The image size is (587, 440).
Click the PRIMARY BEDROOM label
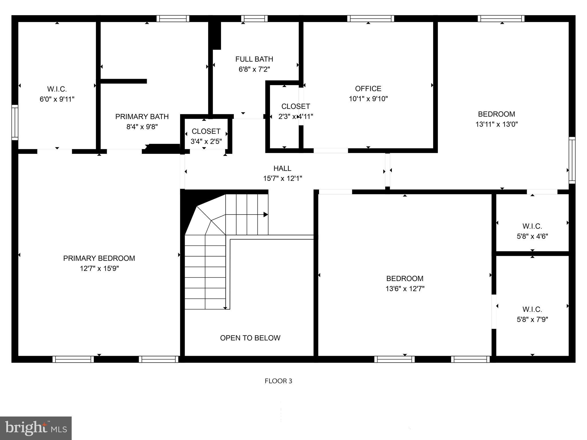[99, 258]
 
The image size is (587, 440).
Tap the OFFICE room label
[368, 89]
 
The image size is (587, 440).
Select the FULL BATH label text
[254, 59]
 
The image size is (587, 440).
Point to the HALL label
[282, 168]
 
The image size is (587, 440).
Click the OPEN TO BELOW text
[250, 338]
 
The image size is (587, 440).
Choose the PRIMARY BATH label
[142, 117]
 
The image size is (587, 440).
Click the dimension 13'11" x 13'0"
[496, 124]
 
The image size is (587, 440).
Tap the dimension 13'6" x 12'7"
[405, 289]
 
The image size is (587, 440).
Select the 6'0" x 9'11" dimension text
[57, 99]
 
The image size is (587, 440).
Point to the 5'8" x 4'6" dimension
[532, 236]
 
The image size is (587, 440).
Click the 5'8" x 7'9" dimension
[532, 319]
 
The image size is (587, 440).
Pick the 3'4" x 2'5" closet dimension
[206, 142]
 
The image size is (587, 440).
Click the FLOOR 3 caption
[278, 381]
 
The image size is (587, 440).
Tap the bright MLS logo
[36, 428]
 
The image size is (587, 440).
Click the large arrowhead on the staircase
[266, 215]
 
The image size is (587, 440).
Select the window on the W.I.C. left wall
[15, 123]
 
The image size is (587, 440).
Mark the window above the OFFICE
[370, 19]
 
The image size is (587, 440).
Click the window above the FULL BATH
[254, 19]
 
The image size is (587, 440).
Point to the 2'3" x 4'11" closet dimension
[296, 117]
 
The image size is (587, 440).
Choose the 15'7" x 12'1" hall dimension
[283, 178]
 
